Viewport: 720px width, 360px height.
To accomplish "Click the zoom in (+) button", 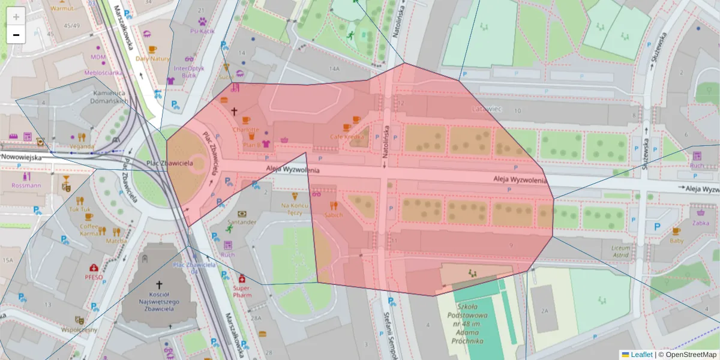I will point(16,17).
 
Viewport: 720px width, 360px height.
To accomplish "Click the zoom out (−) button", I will point(16,35).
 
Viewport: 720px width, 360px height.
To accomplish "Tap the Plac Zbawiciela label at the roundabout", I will point(151,163).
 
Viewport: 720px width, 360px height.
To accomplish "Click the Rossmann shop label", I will point(26,185).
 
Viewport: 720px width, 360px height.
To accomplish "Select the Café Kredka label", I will point(347,137).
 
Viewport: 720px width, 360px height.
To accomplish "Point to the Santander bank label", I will point(242,221).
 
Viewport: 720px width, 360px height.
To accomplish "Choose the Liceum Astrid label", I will point(620,251).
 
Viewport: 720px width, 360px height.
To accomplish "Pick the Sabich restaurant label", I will point(333,214).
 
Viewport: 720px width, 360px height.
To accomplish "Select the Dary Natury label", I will point(152,58).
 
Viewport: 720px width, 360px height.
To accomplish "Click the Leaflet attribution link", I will point(640,355).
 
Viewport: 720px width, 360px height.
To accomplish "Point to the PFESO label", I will point(94,277).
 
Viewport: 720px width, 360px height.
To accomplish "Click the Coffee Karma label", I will point(89,230).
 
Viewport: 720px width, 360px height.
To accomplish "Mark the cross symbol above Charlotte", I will point(235,112).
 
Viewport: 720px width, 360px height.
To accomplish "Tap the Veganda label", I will point(82,146).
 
